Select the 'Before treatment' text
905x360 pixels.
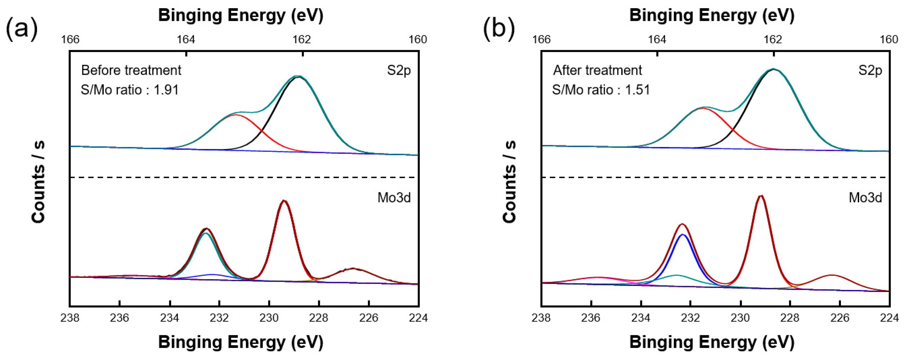coord(131,70)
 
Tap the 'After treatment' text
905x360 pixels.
coord(597,70)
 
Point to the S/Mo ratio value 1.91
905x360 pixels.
coord(166,90)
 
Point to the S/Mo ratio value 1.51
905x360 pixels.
coord(637,90)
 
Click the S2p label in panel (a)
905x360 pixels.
coord(399,70)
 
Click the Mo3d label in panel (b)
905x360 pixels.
coord(865,198)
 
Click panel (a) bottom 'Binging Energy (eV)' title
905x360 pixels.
coord(241,342)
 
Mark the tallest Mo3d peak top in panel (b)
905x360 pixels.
coord(761,196)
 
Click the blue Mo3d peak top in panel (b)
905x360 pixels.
coord(682,234)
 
